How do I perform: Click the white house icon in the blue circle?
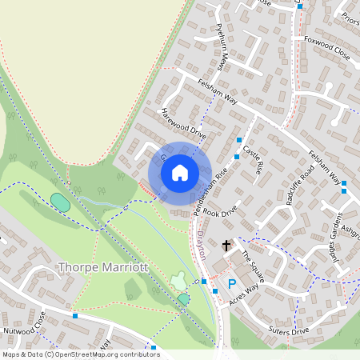[180, 172]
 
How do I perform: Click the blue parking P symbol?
[232, 284]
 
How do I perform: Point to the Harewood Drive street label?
[183, 124]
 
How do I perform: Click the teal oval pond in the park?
[60, 202]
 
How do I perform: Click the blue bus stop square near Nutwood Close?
[75, 316]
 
